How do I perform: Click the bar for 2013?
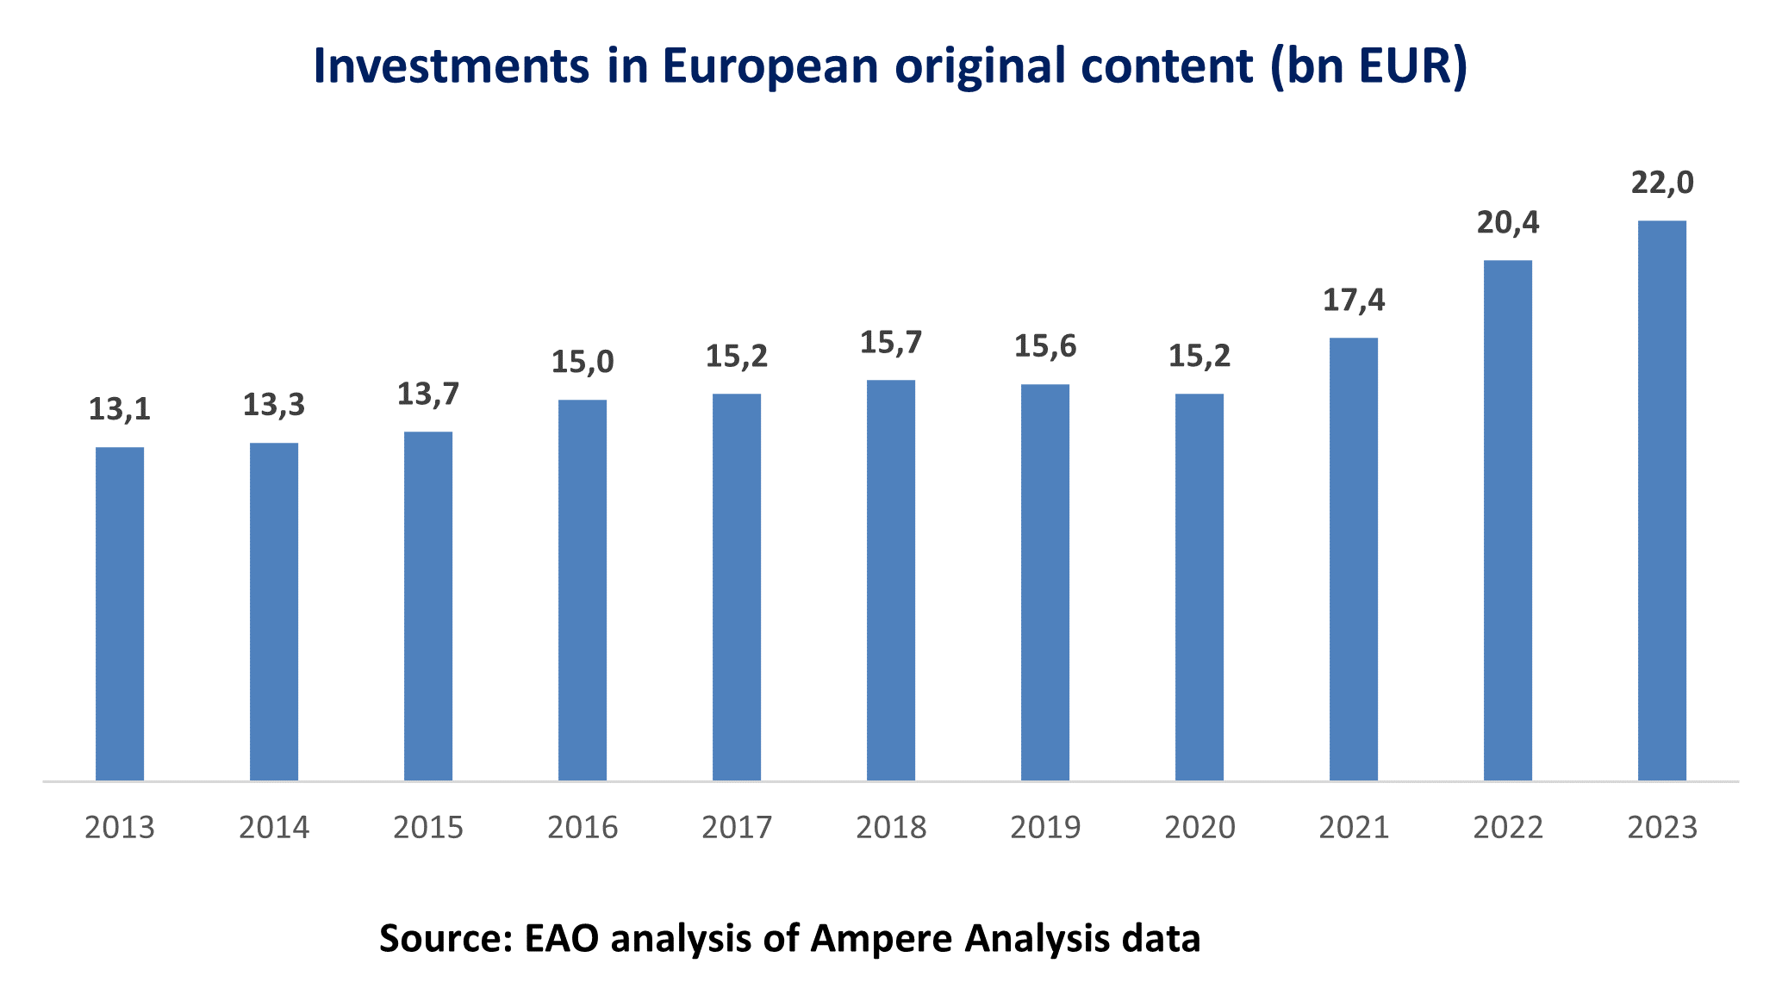(120, 613)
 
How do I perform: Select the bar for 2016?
(583, 590)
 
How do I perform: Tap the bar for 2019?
(1045, 582)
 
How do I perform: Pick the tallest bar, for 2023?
(1662, 500)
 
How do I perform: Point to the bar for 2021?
(1354, 559)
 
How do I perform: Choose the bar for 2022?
(1508, 520)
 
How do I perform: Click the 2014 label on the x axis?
(274, 828)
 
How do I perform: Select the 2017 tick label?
(737, 828)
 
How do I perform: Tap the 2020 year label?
(1199, 828)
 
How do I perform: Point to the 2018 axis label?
(891, 828)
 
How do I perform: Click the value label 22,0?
(1662, 183)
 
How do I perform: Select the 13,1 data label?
(120, 410)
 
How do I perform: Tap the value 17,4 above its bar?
(1354, 301)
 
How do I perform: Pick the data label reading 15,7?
(891, 343)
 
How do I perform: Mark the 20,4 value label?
(1508, 223)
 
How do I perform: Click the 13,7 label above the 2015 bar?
(428, 395)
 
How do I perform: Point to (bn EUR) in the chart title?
(1368, 66)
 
